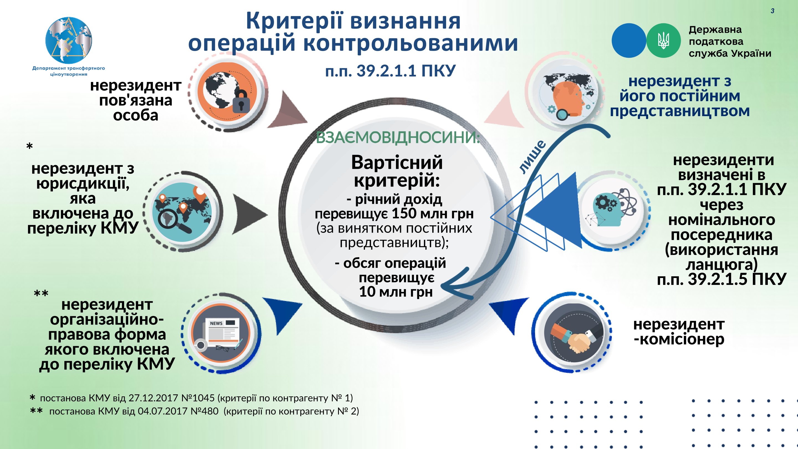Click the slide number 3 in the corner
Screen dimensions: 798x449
tap(772, 11)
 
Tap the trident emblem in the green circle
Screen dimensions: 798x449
tap(664, 40)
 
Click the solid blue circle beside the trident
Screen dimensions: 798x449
tap(629, 40)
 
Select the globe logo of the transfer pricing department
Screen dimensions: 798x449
tap(69, 40)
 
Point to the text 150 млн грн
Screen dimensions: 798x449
tap(433, 213)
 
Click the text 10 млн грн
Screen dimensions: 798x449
tap(396, 292)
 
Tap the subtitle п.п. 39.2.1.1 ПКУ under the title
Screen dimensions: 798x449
tap(390, 71)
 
